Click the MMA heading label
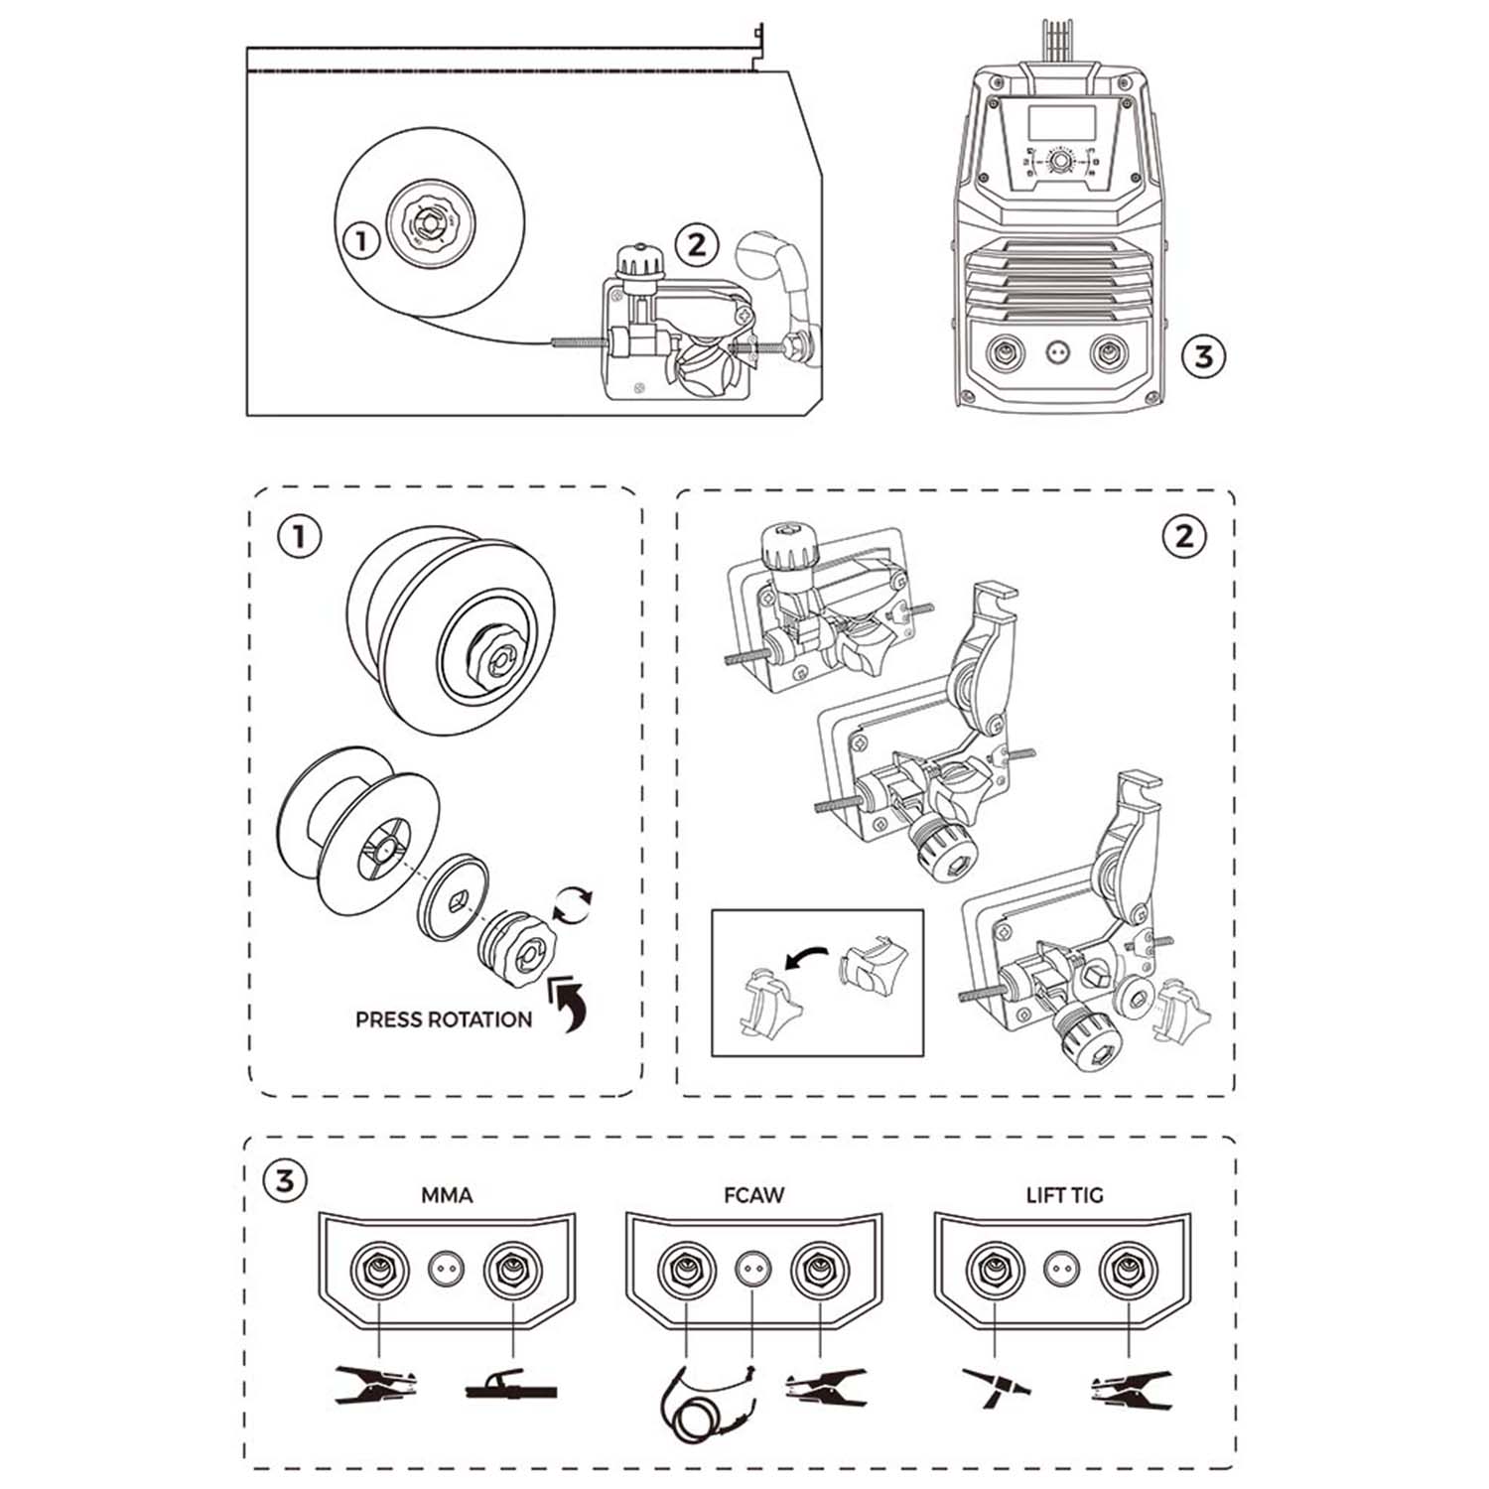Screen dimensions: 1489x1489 click(447, 1195)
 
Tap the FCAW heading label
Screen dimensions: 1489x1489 click(753, 1195)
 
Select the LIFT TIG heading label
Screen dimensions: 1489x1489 click(1064, 1195)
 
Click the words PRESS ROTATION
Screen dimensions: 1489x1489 click(444, 1019)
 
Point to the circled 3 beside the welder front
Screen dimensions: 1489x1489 click(1203, 355)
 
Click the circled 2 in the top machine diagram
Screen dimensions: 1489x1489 click(696, 244)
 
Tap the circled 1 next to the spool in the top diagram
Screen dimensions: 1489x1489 click(361, 239)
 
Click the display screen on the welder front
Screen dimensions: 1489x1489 click(1061, 122)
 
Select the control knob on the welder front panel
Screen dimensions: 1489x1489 click(1061, 161)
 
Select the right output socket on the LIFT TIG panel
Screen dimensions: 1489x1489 click(1128, 1269)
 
